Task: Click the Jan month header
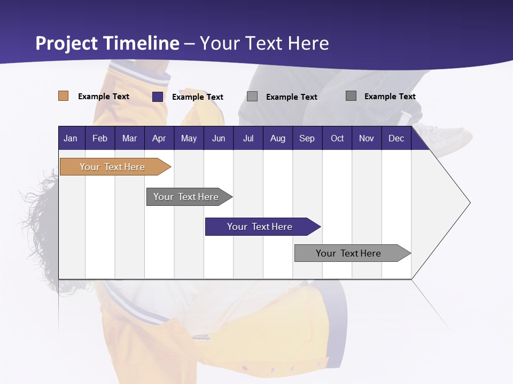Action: pyautogui.click(x=71, y=138)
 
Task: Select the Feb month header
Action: pyautogui.click(x=100, y=138)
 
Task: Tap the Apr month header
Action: pyautogui.click(x=159, y=138)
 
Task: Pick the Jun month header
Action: pyautogui.click(x=219, y=138)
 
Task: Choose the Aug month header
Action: pyautogui.click(x=277, y=138)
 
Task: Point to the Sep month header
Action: pyautogui.click(x=307, y=138)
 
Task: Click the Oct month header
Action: pyautogui.click(x=337, y=138)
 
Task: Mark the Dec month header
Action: pyautogui.click(x=396, y=138)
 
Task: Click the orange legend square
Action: pyautogui.click(x=64, y=96)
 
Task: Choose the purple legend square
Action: pyautogui.click(x=158, y=97)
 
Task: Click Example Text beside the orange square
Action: pyautogui.click(x=104, y=97)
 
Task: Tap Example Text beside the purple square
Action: pyautogui.click(x=198, y=97)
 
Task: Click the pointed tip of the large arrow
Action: pyautogui.click(x=469, y=203)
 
